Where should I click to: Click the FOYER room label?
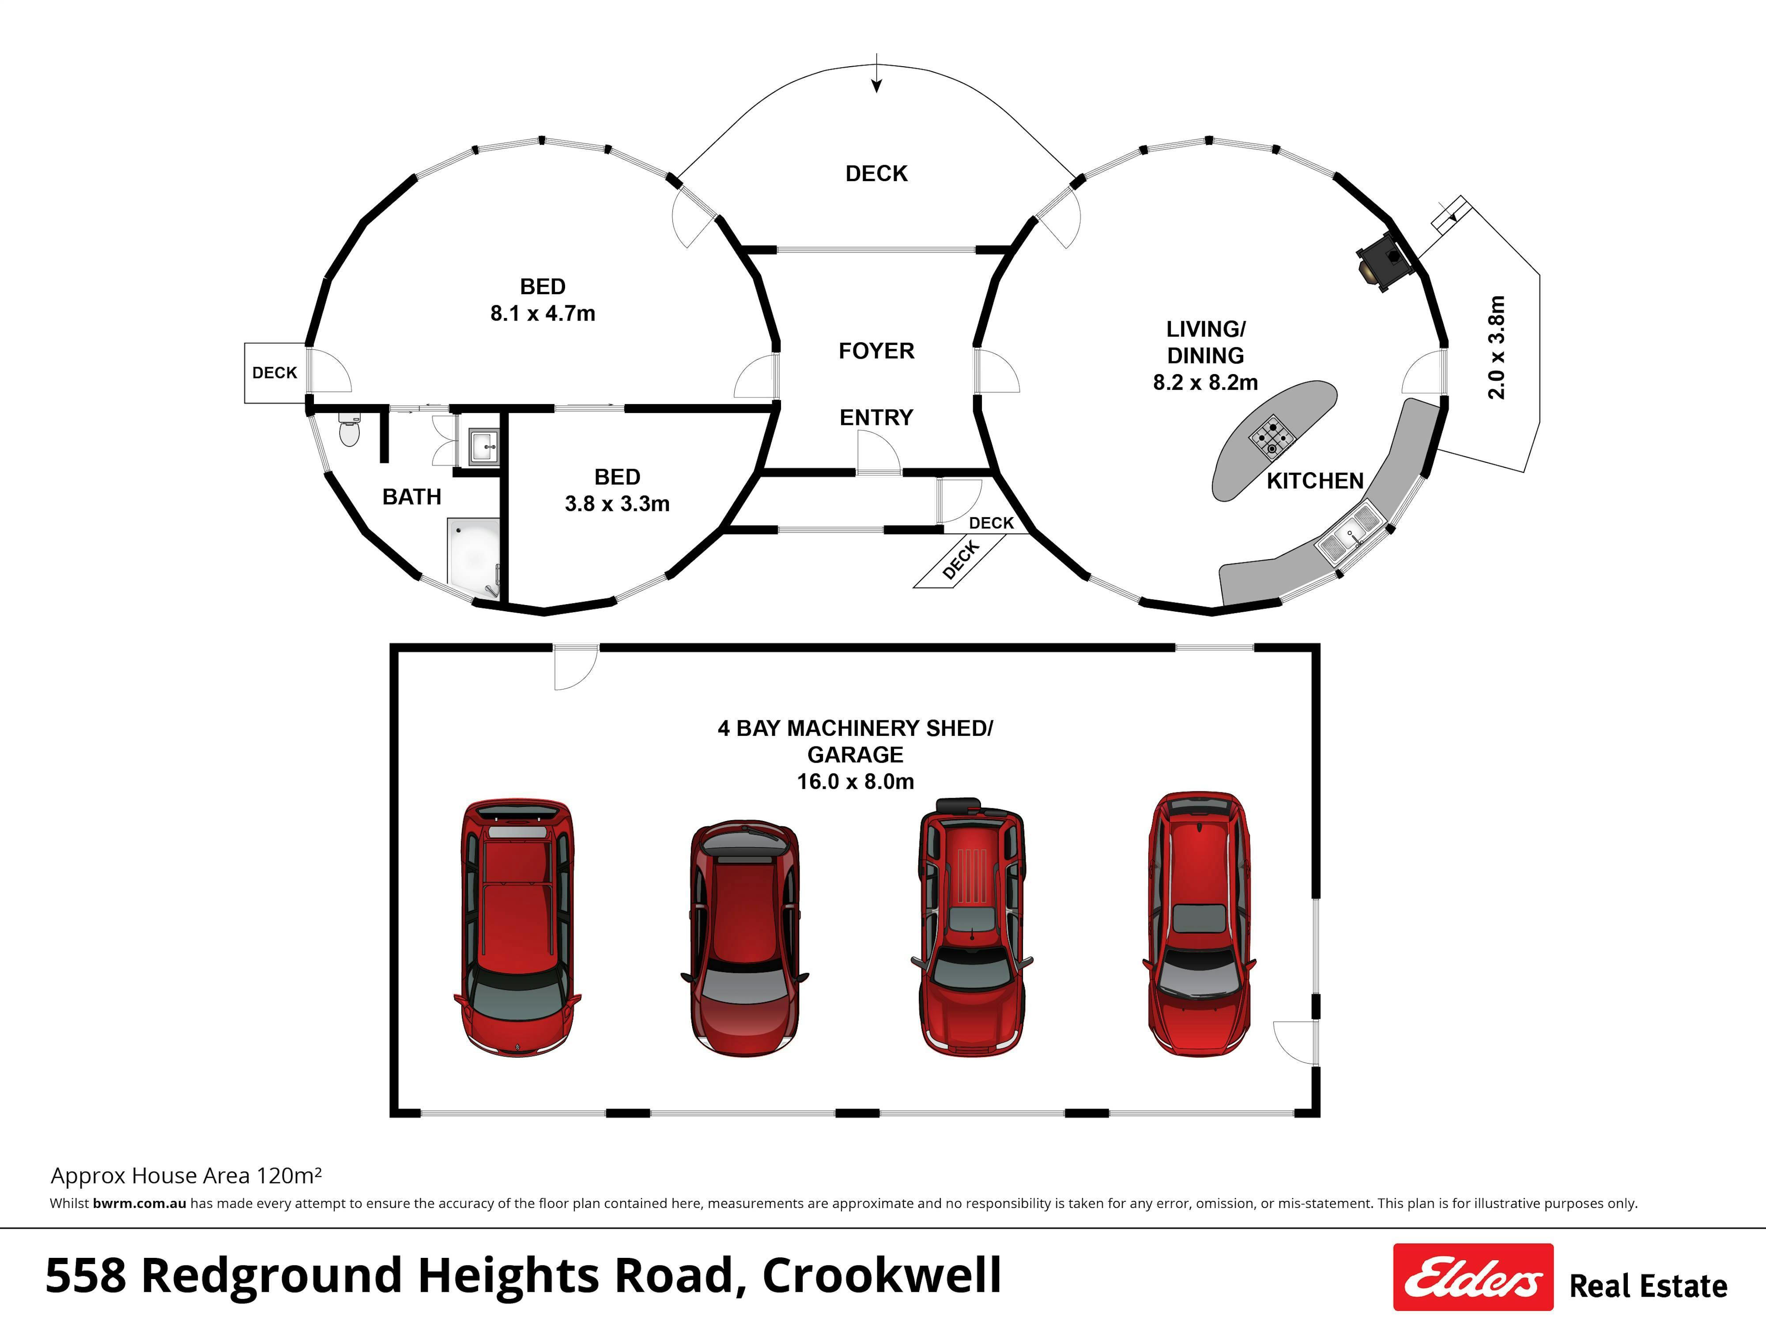point(876,351)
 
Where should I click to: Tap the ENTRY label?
point(876,417)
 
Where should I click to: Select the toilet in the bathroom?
point(349,430)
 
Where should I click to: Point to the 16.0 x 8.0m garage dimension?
point(855,781)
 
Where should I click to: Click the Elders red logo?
point(1472,1276)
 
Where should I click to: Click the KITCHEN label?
point(1315,481)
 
